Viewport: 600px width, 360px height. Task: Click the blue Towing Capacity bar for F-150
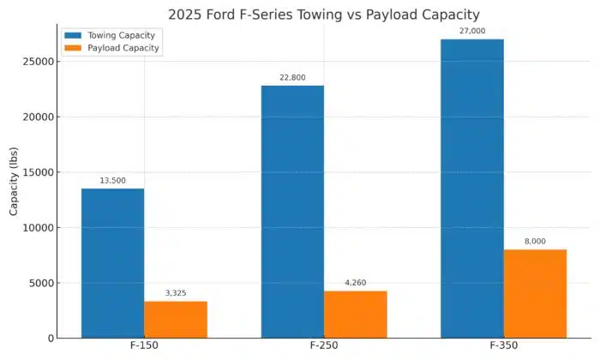click(x=112, y=263)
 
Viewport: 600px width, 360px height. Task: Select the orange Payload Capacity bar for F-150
click(x=176, y=319)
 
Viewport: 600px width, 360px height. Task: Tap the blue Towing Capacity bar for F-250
click(x=292, y=212)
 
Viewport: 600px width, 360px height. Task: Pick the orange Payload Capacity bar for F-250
click(x=356, y=314)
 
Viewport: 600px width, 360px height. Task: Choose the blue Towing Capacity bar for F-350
click(x=472, y=189)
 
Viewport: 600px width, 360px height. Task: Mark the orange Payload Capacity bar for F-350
click(x=536, y=293)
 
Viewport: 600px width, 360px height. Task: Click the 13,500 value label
click(x=112, y=181)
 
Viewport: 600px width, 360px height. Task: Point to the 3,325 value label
click(x=176, y=293)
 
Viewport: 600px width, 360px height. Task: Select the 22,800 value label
click(x=292, y=78)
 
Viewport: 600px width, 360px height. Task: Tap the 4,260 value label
click(x=356, y=283)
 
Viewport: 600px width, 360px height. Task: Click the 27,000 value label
click(x=472, y=32)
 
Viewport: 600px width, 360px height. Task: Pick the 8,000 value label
click(x=536, y=242)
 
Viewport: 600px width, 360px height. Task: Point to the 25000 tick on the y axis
click(x=38, y=62)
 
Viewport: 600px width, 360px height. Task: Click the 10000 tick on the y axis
click(x=38, y=228)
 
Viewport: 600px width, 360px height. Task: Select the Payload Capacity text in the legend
click(x=124, y=49)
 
